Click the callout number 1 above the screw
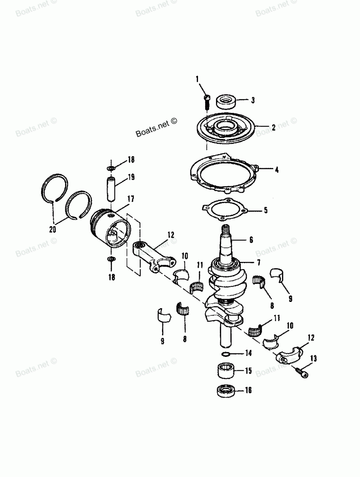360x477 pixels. coord(197,79)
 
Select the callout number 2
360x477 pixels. coord(274,128)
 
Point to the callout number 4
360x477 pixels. coord(276,170)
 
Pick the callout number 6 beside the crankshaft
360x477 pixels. coord(251,240)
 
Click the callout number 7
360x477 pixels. coord(258,263)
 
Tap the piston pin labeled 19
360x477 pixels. coord(111,189)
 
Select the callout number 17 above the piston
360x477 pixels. coord(131,199)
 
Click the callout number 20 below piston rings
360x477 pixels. coord(53,229)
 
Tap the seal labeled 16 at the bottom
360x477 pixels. coord(226,391)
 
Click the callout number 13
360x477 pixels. coord(314,358)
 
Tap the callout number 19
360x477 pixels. coord(131,177)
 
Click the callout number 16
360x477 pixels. coord(248,390)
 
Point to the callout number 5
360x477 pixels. coord(266,210)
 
